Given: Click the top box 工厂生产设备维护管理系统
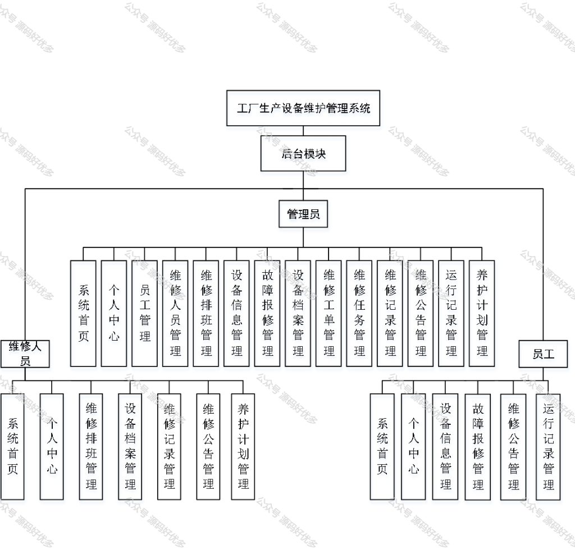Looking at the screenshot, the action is (x=303, y=108).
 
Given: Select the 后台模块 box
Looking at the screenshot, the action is (x=303, y=154).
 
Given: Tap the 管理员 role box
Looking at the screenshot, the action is (x=303, y=214).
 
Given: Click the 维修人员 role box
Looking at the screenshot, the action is (x=25, y=354).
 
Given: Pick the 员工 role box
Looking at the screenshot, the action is (x=543, y=354).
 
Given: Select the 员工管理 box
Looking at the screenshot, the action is (x=144, y=313).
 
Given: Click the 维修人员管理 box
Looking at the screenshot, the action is (x=175, y=313).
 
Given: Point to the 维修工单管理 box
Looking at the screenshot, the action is (x=328, y=313).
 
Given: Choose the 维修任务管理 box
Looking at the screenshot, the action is (x=359, y=313).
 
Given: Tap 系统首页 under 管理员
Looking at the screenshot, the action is (x=83, y=313).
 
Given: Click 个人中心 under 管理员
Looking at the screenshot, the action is (x=113, y=313).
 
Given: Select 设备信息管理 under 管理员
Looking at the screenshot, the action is (x=236, y=313).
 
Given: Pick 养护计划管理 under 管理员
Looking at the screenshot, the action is (x=482, y=313).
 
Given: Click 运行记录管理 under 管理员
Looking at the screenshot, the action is (x=451, y=313).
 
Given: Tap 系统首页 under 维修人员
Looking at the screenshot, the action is (x=12, y=447).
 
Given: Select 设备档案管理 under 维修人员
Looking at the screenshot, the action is (x=130, y=447).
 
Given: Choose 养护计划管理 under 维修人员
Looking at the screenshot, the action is (x=243, y=447).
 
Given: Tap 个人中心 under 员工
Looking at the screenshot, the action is (x=413, y=447).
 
